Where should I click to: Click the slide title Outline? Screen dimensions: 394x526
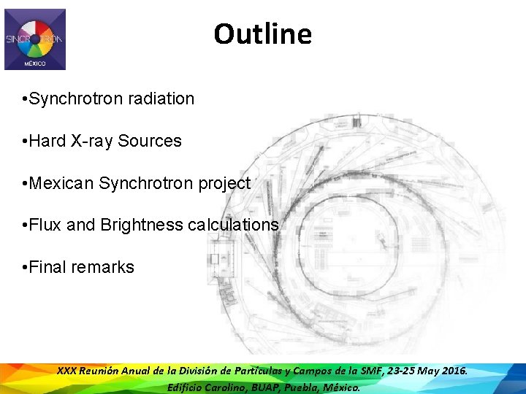(x=262, y=34)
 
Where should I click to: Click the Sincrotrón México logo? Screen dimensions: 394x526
(x=35, y=39)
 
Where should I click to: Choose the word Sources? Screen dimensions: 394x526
(x=150, y=141)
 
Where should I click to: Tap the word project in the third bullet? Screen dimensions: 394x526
(x=224, y=183)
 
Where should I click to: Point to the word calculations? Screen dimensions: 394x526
(x=233, y=225)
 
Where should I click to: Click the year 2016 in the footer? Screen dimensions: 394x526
(x=453, y=371)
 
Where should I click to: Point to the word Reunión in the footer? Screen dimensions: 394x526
(x=106, y=371)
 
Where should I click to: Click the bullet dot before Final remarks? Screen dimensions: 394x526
(x=26, y=267)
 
